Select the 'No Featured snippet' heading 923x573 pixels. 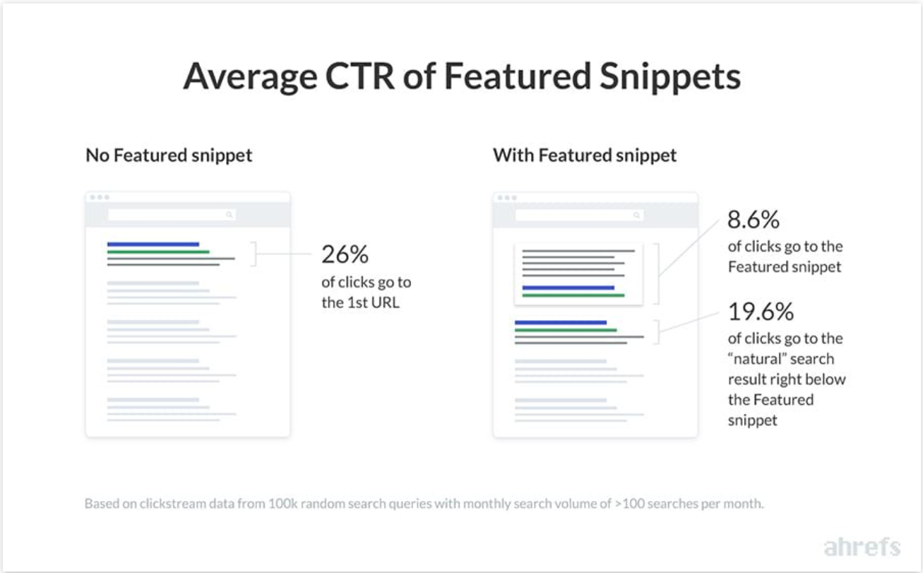tap(169, 155)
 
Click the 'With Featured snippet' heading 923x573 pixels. tap(585, 155)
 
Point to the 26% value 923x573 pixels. tap(345, 254)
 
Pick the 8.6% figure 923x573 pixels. tap(754, 220)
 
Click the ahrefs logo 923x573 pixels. tap(862, 546)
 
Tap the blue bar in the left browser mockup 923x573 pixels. tap(153, 244)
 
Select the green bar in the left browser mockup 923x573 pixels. tap(158, 252)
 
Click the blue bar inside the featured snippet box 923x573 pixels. tap(568, 288)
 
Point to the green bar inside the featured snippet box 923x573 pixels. tap(573, 295)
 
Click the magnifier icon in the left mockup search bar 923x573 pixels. tap(229, 215)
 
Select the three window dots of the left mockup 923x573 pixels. tap(97, 197)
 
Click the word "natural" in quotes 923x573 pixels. tap(758, 359)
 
